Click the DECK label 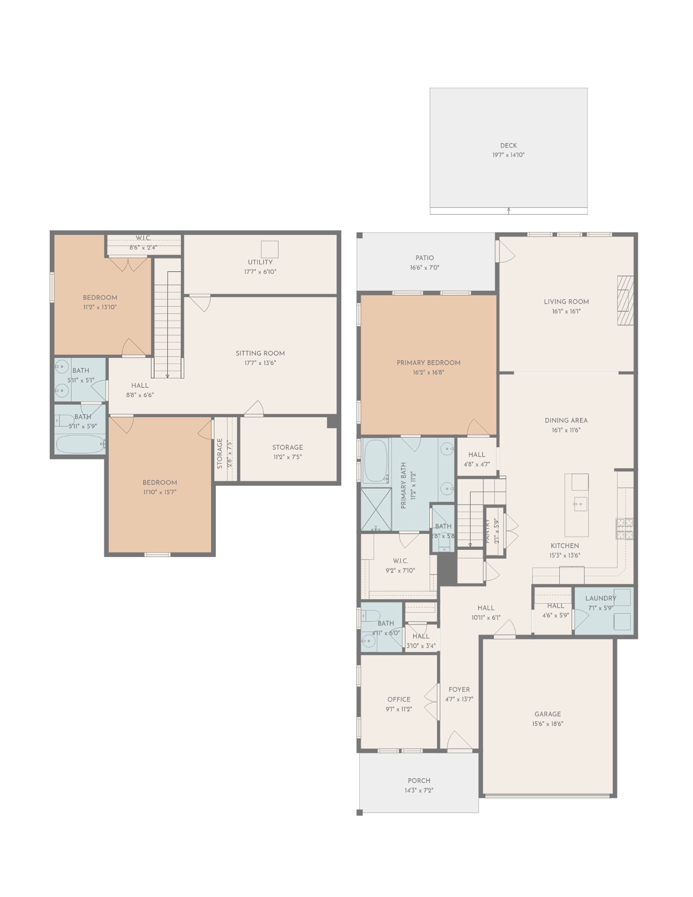[x=508, y=145]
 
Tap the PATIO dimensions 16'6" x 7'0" [x=424, y=268]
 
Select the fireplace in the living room [x=625, y=300]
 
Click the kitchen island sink [x=580, y=504]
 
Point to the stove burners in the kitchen [x=624, y=528]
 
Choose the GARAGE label [x=547, y=714]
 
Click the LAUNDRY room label [x=601, y=598]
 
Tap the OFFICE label [x=399, y=699]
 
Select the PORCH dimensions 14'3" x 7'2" [x=419, y=791]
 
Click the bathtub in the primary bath [x=375, y=461]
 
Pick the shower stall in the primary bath [x=376, y=509]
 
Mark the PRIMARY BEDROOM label [x=428, y=363]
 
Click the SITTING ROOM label [x=260, y=353]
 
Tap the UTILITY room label [x=260, y=262]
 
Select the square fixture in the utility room [x=270, y=249]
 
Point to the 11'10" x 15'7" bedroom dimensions [x=160, y=492]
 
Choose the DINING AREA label [x=566, y=420]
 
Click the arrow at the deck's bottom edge [x=509, y=210]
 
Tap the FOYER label [x=459, y=689]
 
